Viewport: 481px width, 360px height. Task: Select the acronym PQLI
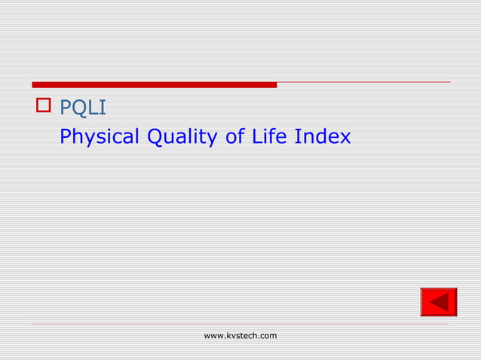(x=83, y=108)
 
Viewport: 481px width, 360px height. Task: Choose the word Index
(x=323, y=137)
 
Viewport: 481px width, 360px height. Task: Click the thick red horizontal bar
(x=154, y=84)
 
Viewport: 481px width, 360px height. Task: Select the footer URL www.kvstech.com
(x=240, y=335)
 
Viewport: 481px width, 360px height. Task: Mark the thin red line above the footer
(x=240, y=325)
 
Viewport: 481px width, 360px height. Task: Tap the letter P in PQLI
(x=65, y=108)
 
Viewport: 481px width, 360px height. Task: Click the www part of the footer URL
(x=213, y=335)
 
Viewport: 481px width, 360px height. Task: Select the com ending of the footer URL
(x=268, y=335)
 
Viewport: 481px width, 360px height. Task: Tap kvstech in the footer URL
(x=240, y=335)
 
